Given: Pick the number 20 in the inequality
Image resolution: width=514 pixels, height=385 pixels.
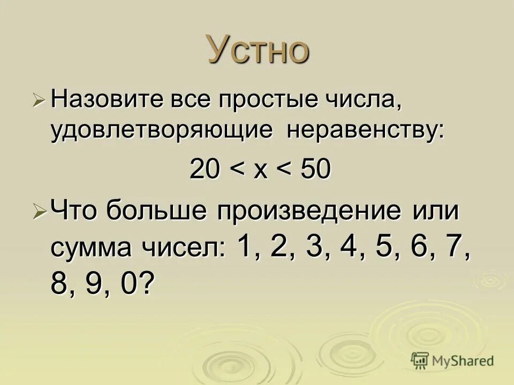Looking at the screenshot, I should click(x=203, y=171).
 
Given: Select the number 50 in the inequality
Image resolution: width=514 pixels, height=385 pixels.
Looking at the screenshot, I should click(x=317, y=171).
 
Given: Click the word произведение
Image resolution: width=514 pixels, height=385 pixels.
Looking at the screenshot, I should click(x=309, y=212).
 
